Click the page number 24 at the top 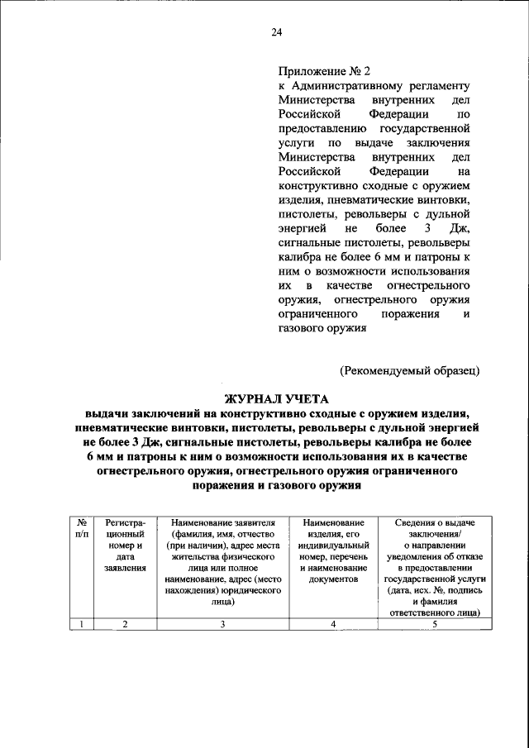[276, 32]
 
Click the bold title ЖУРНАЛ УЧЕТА [276, 398]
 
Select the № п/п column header [82, 529]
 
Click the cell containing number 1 [82, 624]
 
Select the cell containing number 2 [126, 624]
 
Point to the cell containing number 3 [222, 624]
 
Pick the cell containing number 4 [333, 624]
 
